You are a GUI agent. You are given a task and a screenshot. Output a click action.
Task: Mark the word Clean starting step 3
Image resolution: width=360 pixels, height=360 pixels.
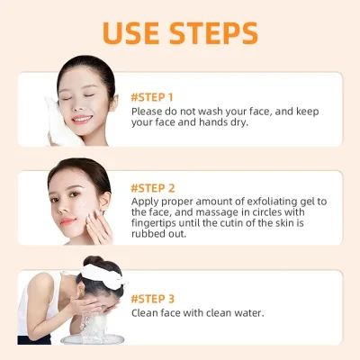(145, 312)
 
